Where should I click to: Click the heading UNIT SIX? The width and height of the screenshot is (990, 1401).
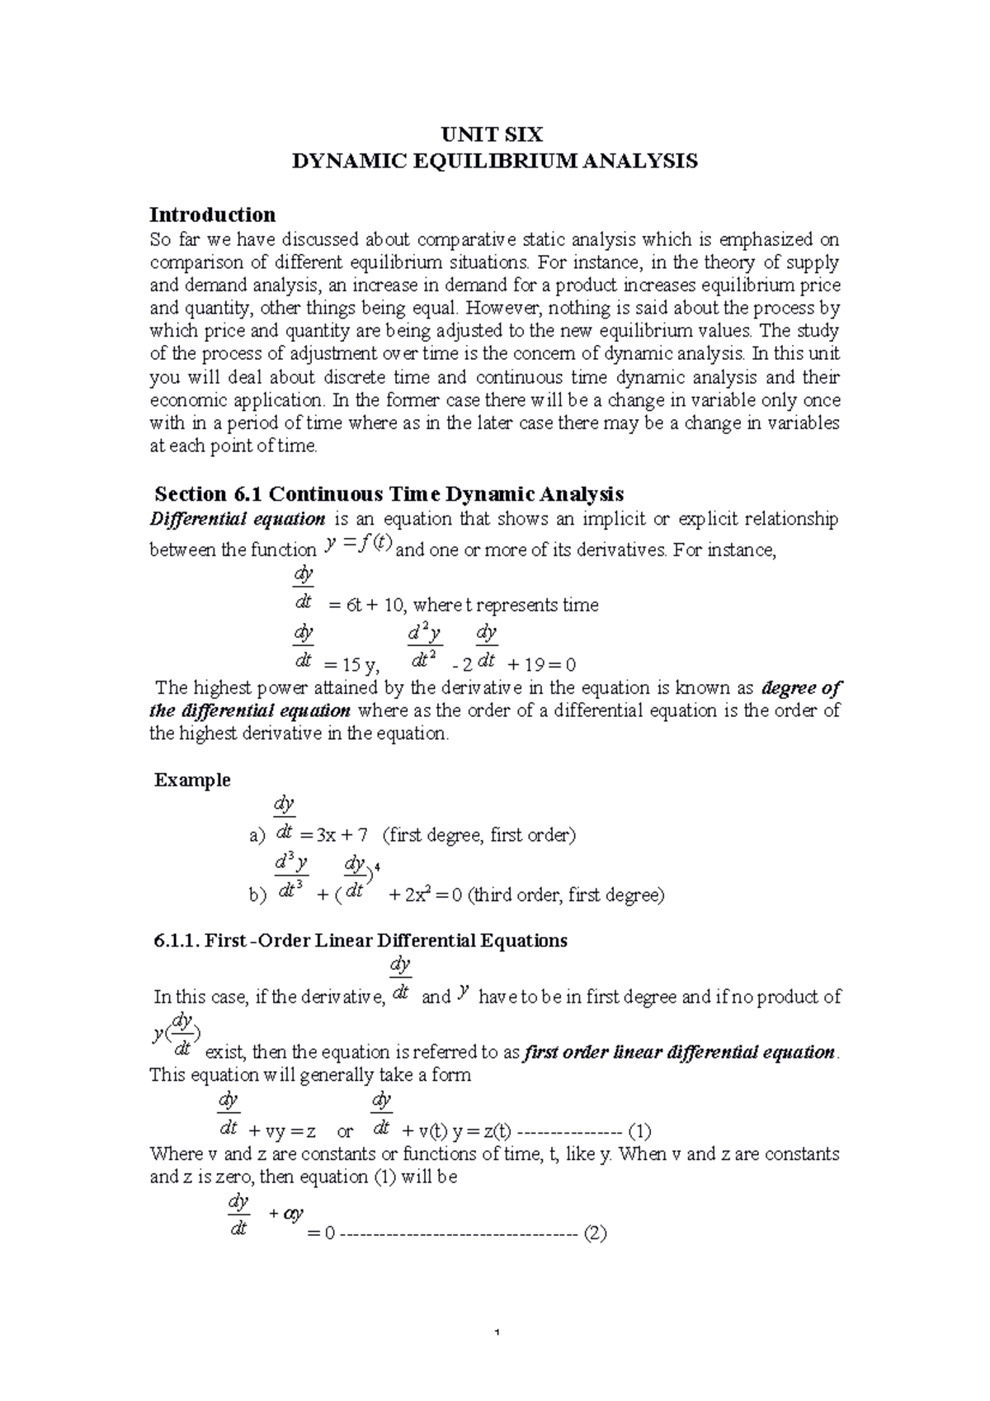coord(495,134)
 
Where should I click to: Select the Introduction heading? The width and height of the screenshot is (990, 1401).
coord(212,215)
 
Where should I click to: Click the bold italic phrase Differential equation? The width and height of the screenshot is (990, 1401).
coord(237,519)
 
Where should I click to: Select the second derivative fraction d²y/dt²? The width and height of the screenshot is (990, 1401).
coord(425,647)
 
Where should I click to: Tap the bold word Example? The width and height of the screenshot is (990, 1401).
coord(192,781)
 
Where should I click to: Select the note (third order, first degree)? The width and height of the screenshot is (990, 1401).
coord(565,895)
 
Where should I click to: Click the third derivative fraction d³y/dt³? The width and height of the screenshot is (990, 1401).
coord(291,876)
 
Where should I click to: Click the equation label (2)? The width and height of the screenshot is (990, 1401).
coord(594,1235)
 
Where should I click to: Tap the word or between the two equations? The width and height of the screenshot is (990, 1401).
coord(345,1131)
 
